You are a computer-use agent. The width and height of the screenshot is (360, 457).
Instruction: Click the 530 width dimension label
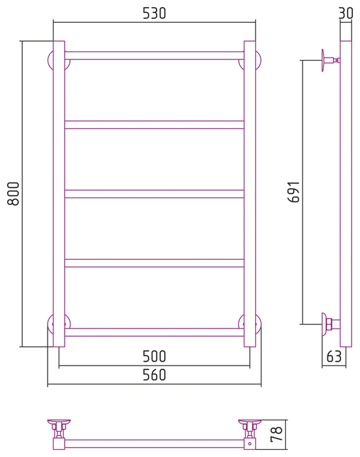(155, 13)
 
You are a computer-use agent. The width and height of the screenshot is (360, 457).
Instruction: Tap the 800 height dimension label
(14, 194)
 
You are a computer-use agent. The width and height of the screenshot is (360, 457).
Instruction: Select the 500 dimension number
(155, 356)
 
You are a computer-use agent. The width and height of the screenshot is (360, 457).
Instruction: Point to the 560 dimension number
(155, 375)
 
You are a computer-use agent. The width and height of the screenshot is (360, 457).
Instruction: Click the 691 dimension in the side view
(293, 192)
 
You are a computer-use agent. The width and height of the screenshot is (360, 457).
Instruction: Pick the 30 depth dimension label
(346, 13)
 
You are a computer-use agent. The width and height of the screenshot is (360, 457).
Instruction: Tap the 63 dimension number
(334, 356)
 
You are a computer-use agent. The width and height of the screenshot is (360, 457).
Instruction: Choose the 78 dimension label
(277, 434)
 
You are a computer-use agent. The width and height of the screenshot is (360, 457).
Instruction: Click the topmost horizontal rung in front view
(155, 55)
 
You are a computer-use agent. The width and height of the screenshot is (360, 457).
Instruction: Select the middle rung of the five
(155, 194)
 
